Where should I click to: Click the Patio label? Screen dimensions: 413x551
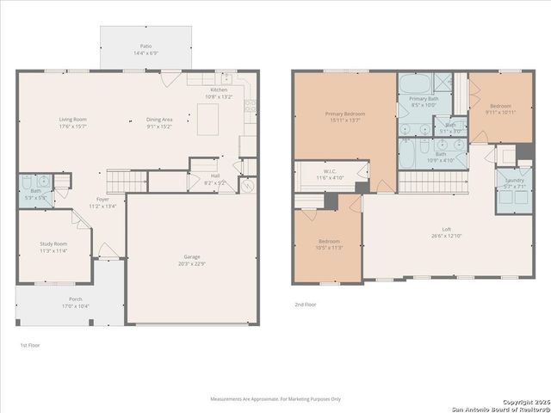(145, 46)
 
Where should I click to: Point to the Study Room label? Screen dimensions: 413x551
(53, 244)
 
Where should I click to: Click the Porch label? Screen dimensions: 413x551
(53, 300)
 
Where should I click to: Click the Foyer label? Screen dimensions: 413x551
(102, 199)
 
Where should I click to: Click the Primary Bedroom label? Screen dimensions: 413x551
(345, 114)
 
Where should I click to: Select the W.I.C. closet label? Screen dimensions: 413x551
(330, 171)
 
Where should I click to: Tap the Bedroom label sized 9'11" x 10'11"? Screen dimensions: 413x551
(501, 106)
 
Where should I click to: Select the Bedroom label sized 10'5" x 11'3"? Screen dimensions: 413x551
(329, 241)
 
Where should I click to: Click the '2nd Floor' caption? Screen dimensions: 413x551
(306, 305)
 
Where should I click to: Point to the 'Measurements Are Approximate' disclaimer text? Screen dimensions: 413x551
(275, 398)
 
